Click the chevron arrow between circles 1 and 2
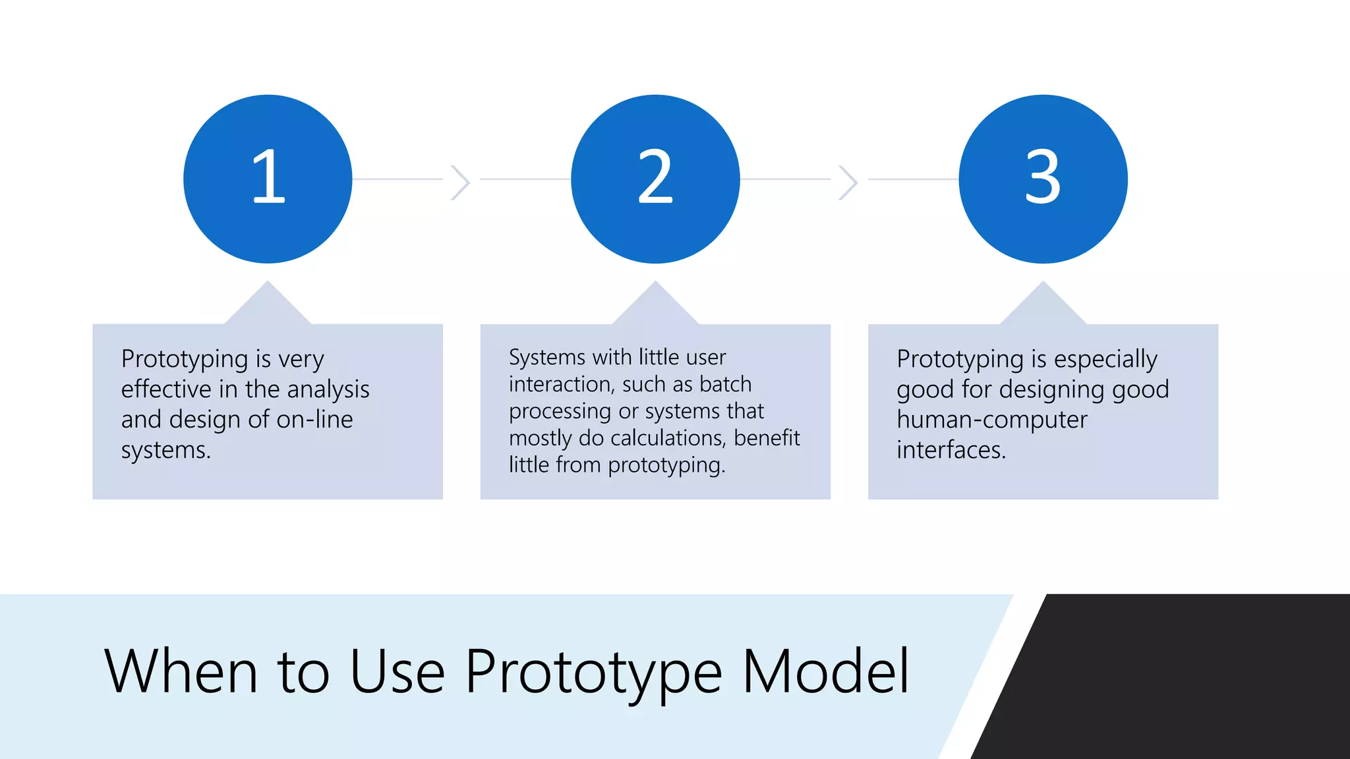(x=460, y=182)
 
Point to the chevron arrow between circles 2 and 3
(x=848, y=182)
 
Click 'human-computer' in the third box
(x=991, y=420)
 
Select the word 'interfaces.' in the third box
(x=951, y=450)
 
